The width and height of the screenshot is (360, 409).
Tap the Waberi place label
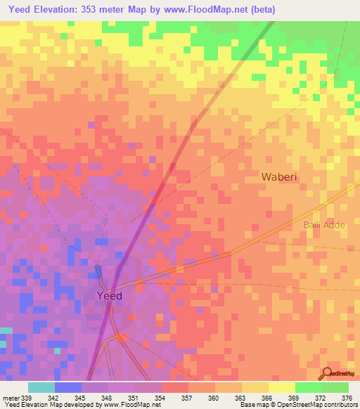280,177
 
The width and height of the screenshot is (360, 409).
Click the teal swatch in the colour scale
41,387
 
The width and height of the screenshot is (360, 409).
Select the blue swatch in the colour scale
68,387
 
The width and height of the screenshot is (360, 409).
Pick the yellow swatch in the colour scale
281,387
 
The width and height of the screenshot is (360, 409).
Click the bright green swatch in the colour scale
308,387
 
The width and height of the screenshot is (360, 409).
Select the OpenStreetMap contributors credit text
319,405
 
